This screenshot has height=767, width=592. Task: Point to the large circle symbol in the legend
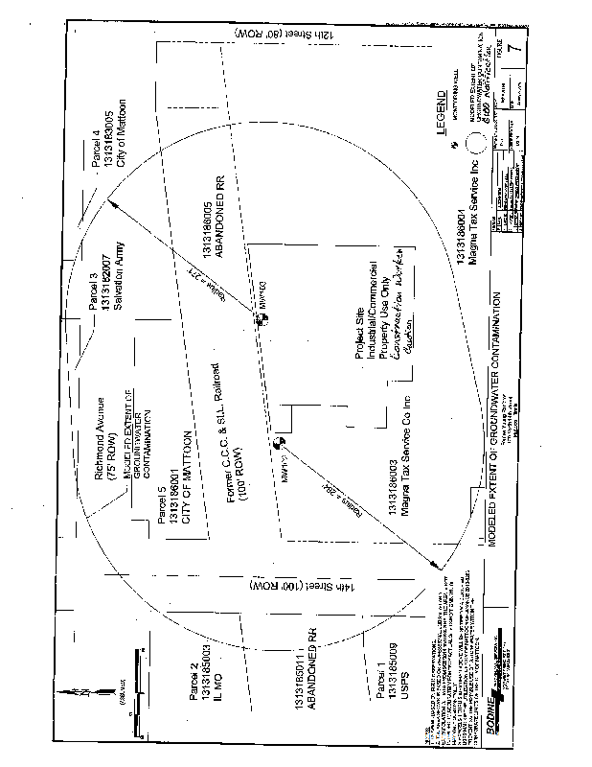pos(476,144)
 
